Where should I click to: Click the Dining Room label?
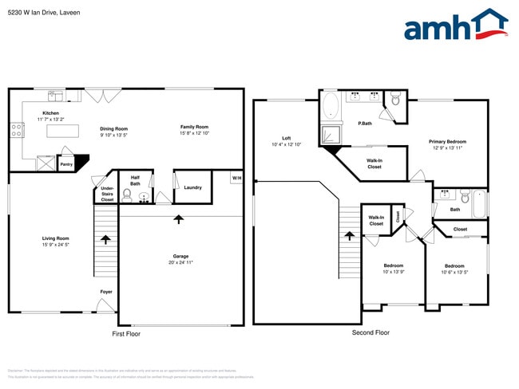(x=113, y=128)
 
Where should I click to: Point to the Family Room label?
(x=194, y=127)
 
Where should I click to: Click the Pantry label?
(x=66, y=165)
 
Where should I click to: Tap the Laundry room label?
(x=192, y=187)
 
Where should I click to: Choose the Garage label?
(x=180, y=257)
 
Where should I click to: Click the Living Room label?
(x=56, y=238)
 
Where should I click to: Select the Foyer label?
(x=106, y=292)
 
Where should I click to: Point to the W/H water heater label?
(x=236, y=177)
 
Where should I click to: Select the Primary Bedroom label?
(x=447, y=142)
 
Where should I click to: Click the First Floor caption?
(x=126, y=333)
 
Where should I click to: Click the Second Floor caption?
(x=370, y=332)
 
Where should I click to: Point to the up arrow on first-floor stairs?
(x=105, y=238)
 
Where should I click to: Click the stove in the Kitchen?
(x=16, y=129)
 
